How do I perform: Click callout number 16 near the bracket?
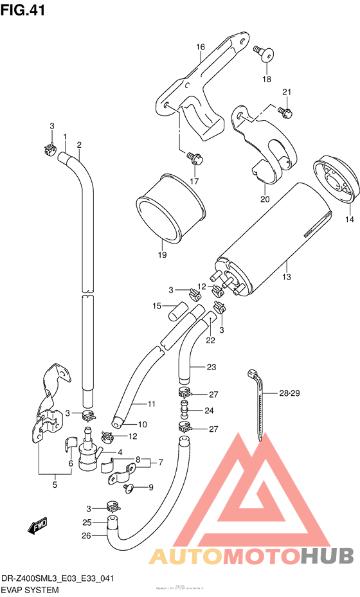tap(200, 47)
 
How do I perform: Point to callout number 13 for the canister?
tap(286, 277)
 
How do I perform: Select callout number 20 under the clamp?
tap(265, 199)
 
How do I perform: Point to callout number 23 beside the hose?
tap(212, 368)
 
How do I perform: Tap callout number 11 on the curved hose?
tap(152, 404)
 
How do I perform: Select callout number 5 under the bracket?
tap(55, 485)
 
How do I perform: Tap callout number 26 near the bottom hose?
tap(87, 534)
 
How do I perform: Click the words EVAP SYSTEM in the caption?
tap(30, 589)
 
